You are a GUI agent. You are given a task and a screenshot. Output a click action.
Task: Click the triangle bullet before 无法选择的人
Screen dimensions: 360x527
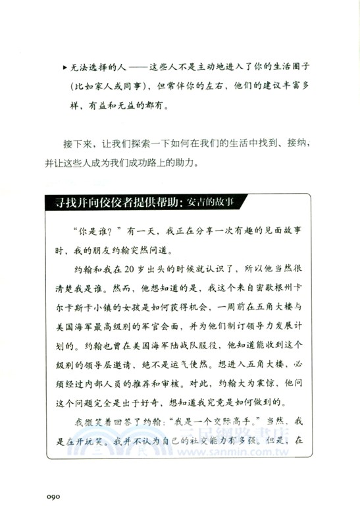[63, 68]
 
